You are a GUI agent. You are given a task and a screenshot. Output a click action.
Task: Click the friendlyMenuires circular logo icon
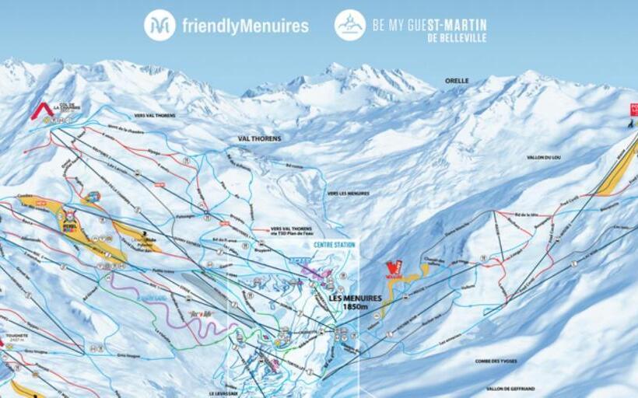(x=159, y=25)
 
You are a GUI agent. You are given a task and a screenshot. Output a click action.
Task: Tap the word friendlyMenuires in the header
(x=245, y=26)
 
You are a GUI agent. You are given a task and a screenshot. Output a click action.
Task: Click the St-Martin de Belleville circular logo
(x=350, y=25)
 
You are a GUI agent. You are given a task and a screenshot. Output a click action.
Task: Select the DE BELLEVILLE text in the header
(x=457, y=37)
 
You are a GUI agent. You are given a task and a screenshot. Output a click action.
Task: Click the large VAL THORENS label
(x=259, y=139)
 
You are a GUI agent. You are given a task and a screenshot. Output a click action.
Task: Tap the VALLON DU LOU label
(x=544, y=158)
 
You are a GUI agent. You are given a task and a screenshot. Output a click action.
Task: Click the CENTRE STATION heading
(x=334, y=245)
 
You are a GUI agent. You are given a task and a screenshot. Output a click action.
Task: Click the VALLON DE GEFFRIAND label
(x=511, y=388)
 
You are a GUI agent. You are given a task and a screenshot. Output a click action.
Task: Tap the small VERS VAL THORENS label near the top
(x=154, y=115)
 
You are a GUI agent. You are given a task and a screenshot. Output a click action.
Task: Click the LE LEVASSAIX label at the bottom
(x=223, y=393)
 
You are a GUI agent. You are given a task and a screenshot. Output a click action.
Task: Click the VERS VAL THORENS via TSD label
(x=295, y=231)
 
